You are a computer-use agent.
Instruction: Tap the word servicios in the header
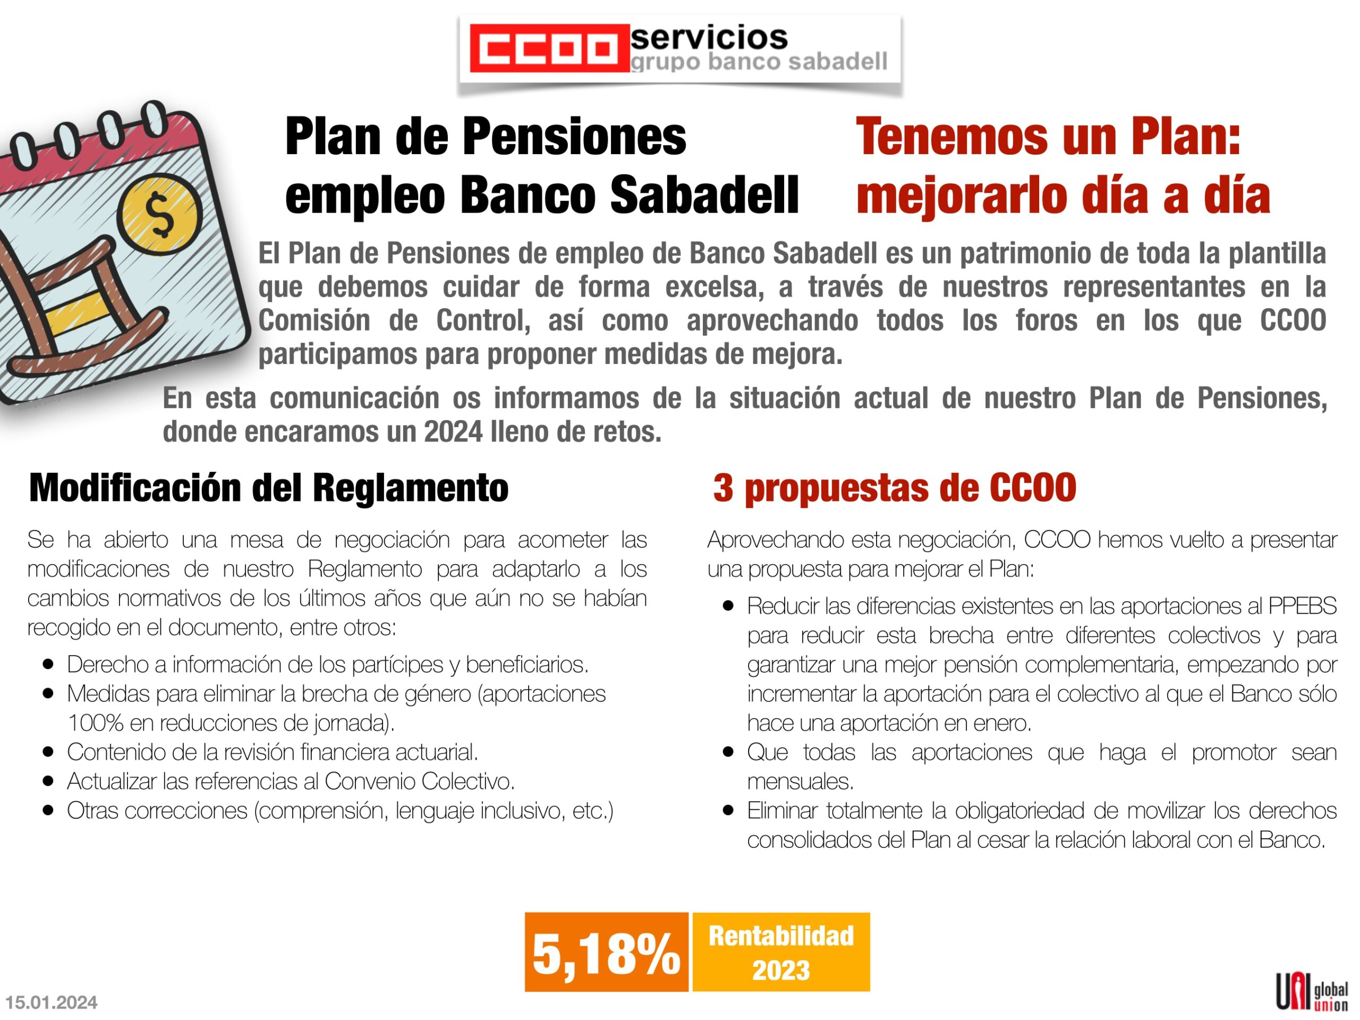(709, 38)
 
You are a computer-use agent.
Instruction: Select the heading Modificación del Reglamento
(269, 488)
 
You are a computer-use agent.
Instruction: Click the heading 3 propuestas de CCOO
(895, 488)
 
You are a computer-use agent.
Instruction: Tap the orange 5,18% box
(606, 952)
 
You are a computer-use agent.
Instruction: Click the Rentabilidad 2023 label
(781, 952)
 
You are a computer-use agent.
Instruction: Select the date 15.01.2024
(52, 1003)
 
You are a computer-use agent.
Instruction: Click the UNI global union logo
(1312, 990)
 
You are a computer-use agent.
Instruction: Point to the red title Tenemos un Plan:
(1048, 137)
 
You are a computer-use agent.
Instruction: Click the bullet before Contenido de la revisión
(48, 752)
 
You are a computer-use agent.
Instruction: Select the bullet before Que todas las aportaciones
(728, 752)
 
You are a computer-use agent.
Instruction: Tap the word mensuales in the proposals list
(800, 781)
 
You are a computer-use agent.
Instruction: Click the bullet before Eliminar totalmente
(728, 810)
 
